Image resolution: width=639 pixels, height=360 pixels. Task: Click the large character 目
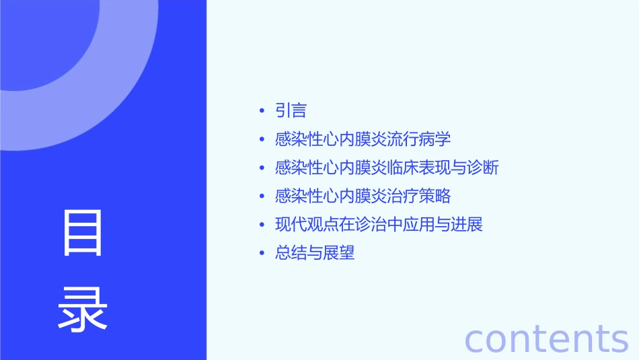click(83, 233)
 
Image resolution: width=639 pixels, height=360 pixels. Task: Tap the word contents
click(546, 338)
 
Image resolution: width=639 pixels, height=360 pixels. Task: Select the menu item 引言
click(291, 110)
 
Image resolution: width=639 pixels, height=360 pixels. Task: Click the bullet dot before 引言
click(262, 111)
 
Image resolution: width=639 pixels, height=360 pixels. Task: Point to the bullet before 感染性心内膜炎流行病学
click(262, 140)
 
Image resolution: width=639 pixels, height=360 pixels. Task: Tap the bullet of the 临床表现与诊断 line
click(262, 168)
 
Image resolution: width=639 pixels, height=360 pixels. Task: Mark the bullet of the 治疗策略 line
click(262, 196)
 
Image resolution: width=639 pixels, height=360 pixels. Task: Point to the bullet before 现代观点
click(262, 225)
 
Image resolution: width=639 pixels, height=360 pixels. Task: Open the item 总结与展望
click(315, 253)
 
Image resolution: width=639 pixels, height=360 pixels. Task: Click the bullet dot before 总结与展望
click(262, 254)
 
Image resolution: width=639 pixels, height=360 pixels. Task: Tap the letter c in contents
click(476, 340)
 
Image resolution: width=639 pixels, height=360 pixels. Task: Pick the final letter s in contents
click(619, 340)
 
